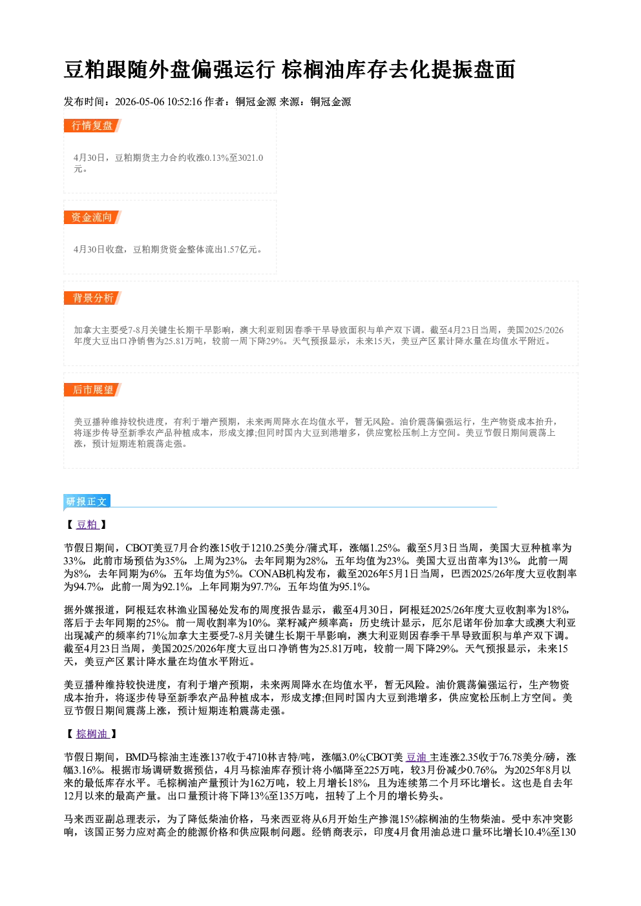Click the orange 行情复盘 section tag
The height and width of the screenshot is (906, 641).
pyautogui.click(x=92, y=125)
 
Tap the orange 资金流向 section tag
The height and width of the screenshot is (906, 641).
pyautogui.click(x=92, y=217)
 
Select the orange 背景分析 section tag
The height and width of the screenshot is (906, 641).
pyautogui.click(x=92, y=298)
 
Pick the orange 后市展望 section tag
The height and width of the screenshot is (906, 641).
pyautogui.click(x=92, y=390)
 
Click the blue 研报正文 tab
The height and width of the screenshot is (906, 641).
pyautogui.click(x=87, y=502)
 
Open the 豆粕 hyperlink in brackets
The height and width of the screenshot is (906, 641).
pyautogui.click(x=87, y=525)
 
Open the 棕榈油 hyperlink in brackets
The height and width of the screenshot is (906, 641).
pyautogui.click(x=92, y=734)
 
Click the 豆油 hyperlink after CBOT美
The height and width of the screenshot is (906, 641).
pyautogui.click(x=416, y=757)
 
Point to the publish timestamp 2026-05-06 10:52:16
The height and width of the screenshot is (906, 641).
pyautogui.click(x=158, y=101)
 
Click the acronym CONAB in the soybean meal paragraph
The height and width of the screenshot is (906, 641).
pyautogui.click(x=268, y=574)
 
